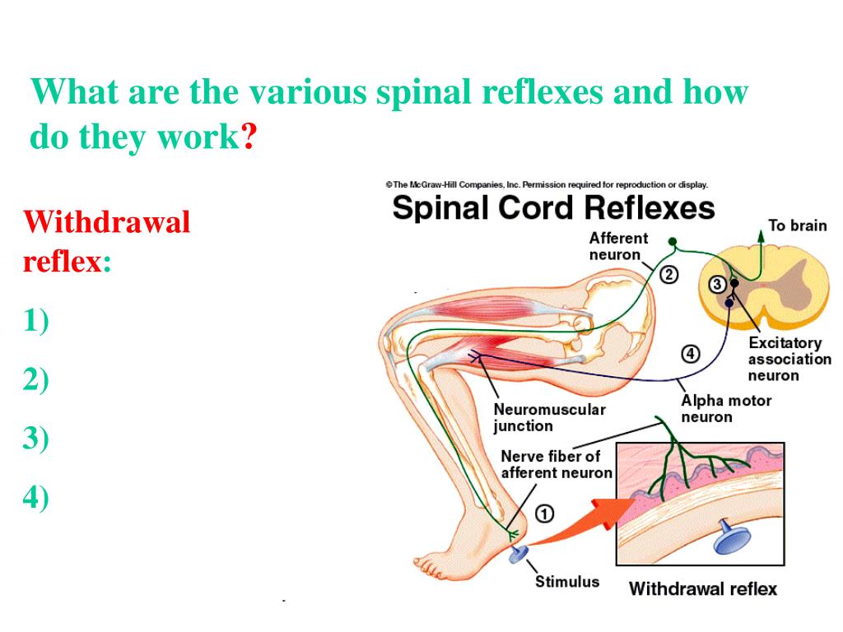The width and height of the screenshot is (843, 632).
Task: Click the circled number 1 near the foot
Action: click(x=544, y=513)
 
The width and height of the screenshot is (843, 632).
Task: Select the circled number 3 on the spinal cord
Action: click(x=718, y=285)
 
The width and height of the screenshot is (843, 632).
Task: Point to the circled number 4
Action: click(x=691, y=354)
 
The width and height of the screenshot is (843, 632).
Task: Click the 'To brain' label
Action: click(x=797, y=225)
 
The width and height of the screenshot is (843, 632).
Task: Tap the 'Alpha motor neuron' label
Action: click(x=725, y=409)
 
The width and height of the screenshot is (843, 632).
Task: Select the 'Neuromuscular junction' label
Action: click(x=549, y=417)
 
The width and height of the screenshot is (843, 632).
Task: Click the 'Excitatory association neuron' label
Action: click(x=789, y=360)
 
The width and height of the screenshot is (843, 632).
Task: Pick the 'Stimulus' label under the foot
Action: click(x=567, y=582)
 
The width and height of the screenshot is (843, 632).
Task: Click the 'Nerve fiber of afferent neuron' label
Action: click(x=557, y=464)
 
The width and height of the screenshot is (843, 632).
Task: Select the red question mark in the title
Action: click(x=249, y=136)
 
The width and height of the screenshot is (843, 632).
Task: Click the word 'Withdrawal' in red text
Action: click(x=107, y=222)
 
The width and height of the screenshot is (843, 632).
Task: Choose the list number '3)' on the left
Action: click(x=36, y=439)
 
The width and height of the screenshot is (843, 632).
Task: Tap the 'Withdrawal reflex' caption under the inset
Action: click(x=702, y=588)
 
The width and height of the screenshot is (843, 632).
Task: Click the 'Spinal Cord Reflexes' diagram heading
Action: click(x=553, y=208)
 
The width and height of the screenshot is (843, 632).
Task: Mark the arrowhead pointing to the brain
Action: click(x=761, y=225)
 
